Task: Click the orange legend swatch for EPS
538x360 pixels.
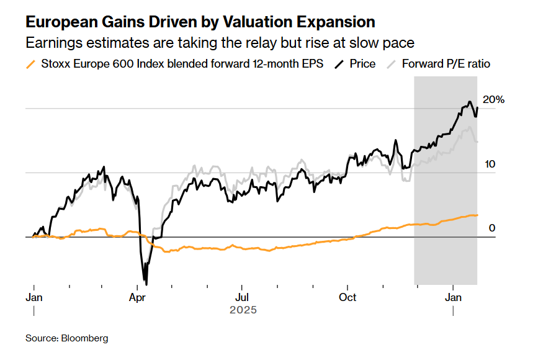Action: pos(30,64)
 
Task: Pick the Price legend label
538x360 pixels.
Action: pos(362,64)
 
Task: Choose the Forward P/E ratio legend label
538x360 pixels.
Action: pos(446,64)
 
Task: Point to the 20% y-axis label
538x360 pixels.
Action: pos(493,100)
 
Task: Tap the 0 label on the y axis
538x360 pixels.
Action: pos(492,228)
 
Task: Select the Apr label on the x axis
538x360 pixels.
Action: pos(137,297)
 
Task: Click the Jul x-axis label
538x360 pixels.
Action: pos(242,297)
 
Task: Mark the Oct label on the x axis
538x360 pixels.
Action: pos(347,297)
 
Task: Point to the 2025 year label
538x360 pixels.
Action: pos(243,309)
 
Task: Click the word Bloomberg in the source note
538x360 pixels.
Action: pos(84,338)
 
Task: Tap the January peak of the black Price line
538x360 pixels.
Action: pos(470,102)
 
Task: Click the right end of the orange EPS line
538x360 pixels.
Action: pos(477,215)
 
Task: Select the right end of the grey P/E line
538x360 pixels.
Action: pos(477,142)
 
